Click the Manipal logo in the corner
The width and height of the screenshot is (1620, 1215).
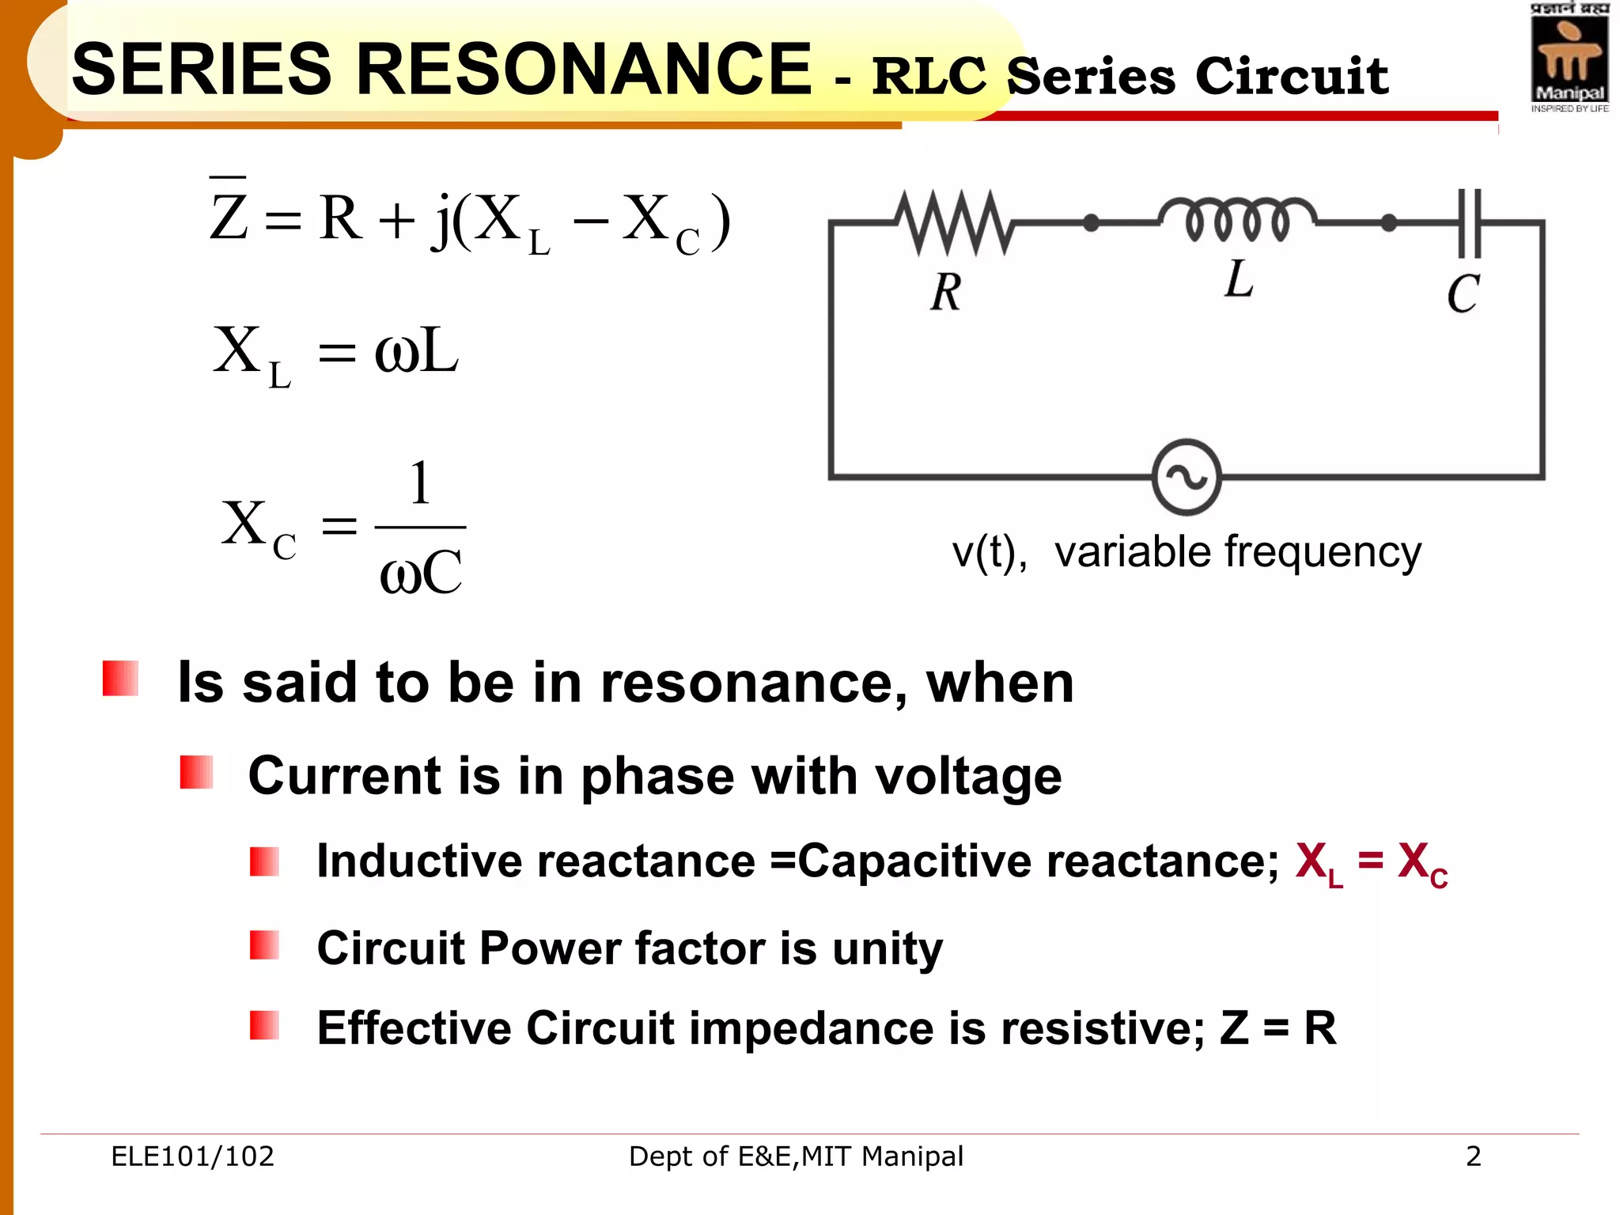tap(1569, 59)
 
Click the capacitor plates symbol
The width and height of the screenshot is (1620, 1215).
tap(1470, 223)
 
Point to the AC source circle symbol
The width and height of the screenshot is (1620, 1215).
tap(1187, 477)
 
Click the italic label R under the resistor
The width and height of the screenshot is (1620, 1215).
tap(946, 292)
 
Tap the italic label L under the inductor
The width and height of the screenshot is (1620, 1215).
tap(1239, 279)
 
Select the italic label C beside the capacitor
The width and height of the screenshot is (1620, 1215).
tap(1463, 294)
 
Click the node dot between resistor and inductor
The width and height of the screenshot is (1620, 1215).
tap(1091, 223)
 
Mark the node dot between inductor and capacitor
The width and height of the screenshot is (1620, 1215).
tap(1388, 223)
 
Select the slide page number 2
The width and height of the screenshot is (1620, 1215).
tap(1473, 1156)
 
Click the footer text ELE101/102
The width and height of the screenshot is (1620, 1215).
tap(192, 1156)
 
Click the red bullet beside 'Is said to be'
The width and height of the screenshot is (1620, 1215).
tap(120, 679)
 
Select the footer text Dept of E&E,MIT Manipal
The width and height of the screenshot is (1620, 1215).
tap(796, 1156)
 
